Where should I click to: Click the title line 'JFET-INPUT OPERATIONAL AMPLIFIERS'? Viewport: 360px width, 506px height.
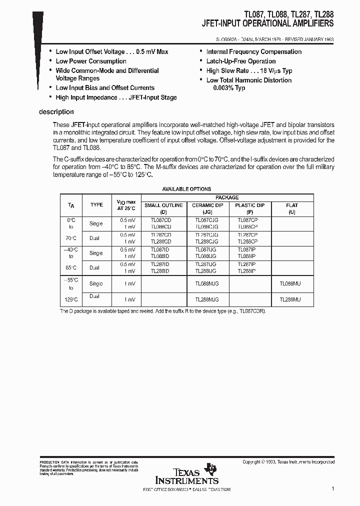pyautogui.click(x=267, y=23)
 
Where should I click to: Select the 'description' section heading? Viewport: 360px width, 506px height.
pyautogui.click(x=56, y=112)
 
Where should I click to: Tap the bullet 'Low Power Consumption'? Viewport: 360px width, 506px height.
pyautogui.click(x=90, y=61)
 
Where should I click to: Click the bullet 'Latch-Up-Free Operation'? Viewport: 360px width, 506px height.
pyautogui.click(x=241, y=61)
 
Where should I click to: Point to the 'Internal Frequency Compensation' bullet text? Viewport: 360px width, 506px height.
pyautogui.click(x=254, y=51)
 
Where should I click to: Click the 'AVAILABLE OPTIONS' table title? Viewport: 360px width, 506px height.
pyautogui.click(x=187, y=189)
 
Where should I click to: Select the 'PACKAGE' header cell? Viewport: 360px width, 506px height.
pyautogui.click(x=227, y=197)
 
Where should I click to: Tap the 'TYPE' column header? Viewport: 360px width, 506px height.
pyautogui.click(x=96, y=204)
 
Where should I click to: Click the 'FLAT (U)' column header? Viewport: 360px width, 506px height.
pyautogui.click(x=292, y=208)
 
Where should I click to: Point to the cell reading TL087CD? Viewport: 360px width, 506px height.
pyautogui.click(x=161, y=219)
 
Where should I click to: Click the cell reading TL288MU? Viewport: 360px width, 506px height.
pyautogui.click(x=290, y=299)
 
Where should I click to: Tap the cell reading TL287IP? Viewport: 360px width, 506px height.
pyautogui.click(x=246, y=264)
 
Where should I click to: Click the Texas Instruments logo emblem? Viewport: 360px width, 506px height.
pyautogui.click(x=212, y=469)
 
